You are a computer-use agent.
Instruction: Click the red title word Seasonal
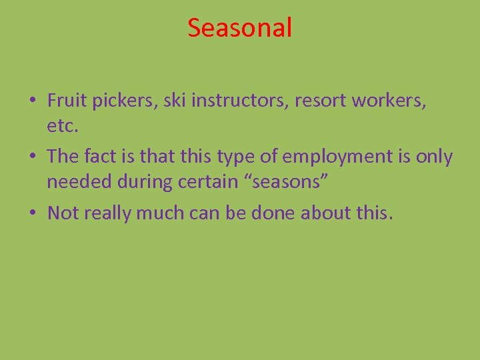click(x=239, y=28)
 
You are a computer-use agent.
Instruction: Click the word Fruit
click(x=65, y=101)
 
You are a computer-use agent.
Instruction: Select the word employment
click(x=337, y=157)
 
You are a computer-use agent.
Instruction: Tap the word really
click(x=106, y=213)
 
